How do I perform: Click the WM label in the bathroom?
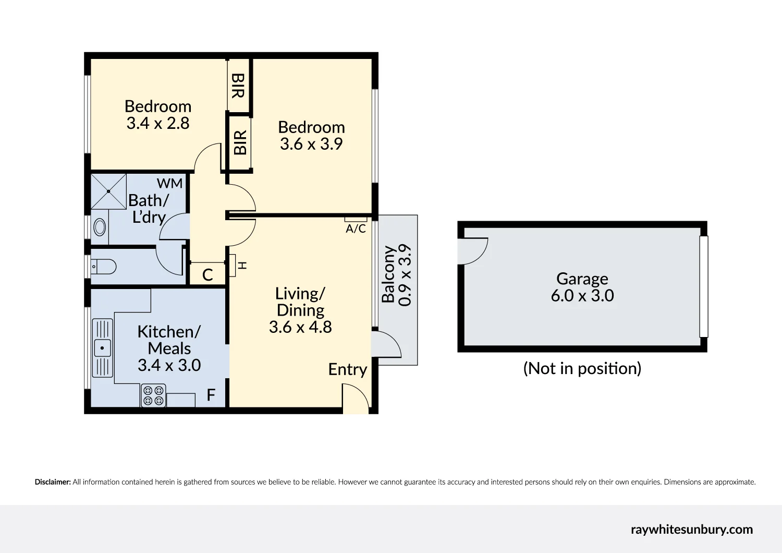tap(170, 184)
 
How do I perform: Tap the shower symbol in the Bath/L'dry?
tap(109, 191)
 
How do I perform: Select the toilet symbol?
tap(104, 267)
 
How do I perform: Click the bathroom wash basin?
tap(99, 227)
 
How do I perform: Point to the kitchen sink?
tap(102, 347)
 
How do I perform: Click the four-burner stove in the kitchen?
tap(153, 395)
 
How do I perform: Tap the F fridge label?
tap(211, 395)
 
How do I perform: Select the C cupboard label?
tap(207, 275)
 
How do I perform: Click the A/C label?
tap(356, 229)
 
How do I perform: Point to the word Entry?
tap(347, 369)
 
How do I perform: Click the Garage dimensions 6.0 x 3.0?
tap(582, 296)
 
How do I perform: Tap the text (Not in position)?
tap(582, 368)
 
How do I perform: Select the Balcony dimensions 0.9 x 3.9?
tap(405, 275)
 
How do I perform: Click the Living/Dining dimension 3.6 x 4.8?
tap(300, 327)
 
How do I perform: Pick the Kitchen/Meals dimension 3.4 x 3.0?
tap(169, 365)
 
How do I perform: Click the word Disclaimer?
tap(53, 482)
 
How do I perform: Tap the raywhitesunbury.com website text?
tap(691, 530)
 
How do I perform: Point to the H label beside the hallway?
tap(242, 266)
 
